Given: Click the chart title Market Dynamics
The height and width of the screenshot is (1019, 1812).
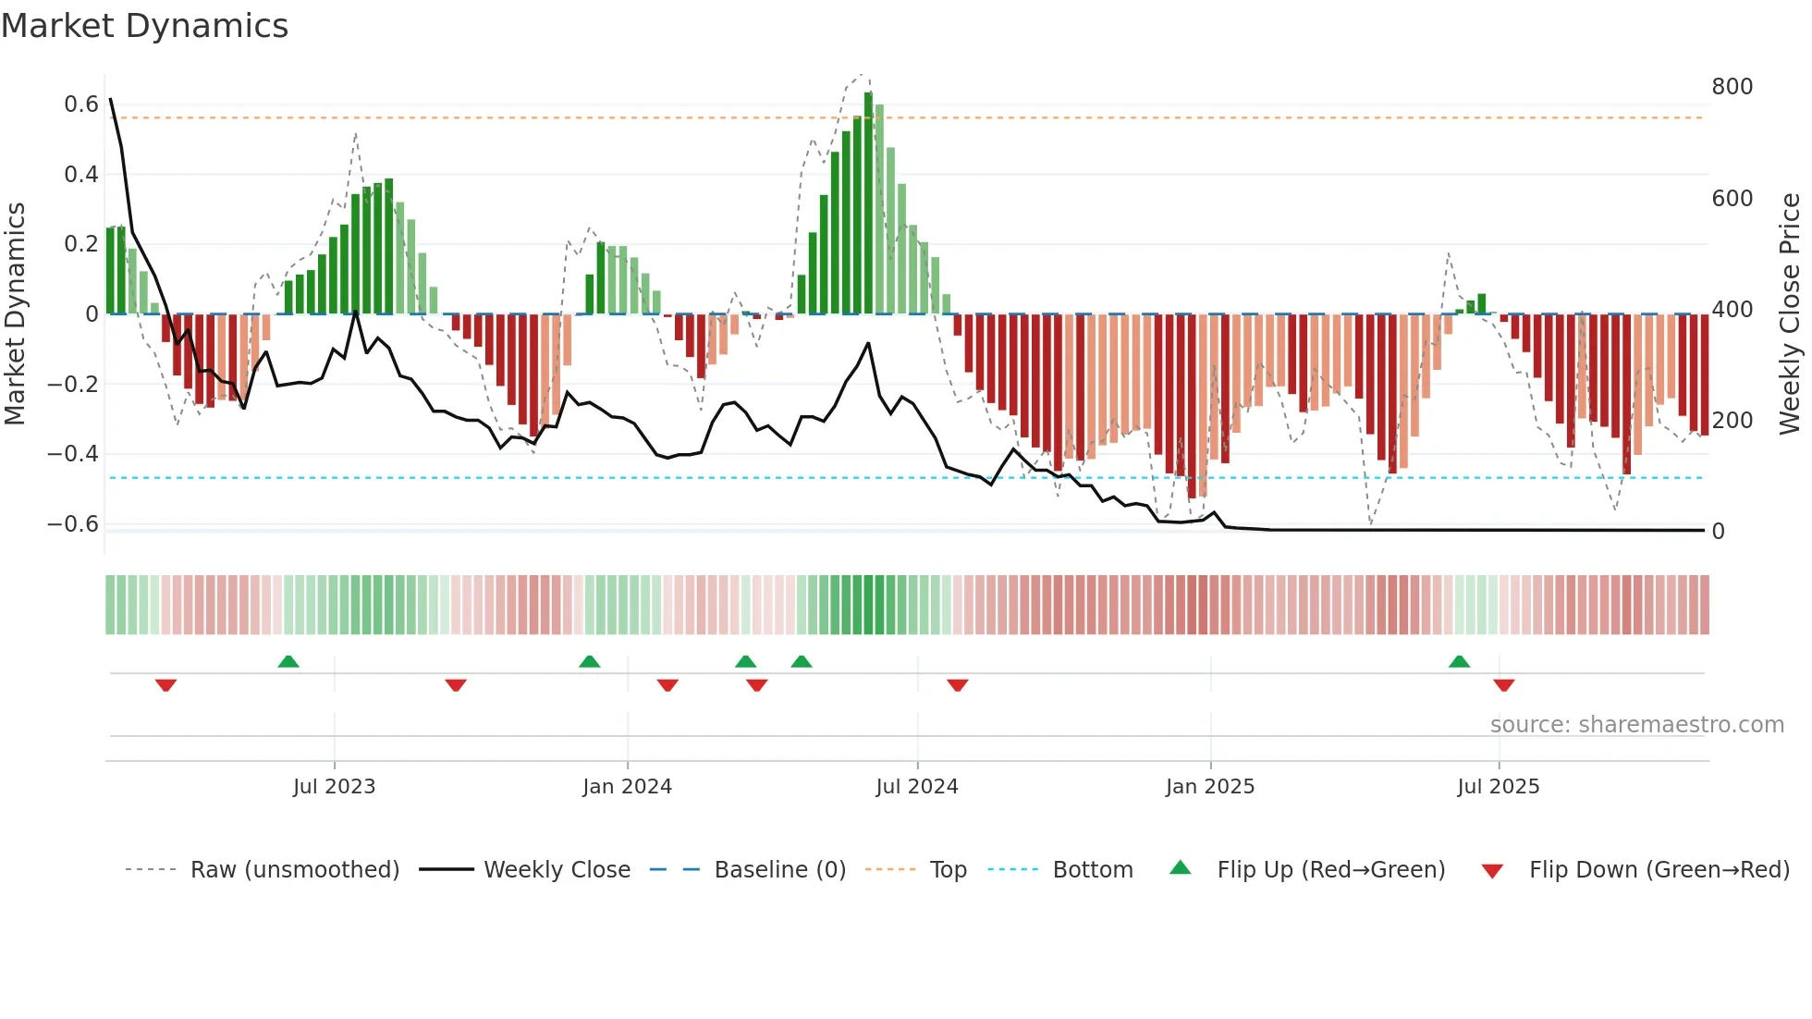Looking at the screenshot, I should point(144,26).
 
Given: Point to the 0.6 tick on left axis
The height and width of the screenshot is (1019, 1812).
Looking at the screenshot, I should point(81,104).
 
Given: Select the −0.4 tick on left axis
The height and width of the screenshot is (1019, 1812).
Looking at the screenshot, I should point(73,454).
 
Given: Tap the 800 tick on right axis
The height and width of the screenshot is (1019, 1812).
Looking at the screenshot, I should point(1732,87).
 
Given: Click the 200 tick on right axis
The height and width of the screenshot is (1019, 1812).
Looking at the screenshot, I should point(1732,421).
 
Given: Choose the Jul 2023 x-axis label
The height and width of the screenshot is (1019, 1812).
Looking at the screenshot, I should point(334,787).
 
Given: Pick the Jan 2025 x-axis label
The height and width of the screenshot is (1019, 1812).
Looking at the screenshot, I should point(1209,787).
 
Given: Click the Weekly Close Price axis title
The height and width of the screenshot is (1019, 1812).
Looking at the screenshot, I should point(1790,314).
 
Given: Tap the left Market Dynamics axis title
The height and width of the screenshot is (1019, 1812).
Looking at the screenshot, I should point(15,314).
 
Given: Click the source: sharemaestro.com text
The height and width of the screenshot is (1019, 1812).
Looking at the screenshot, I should point(1636,725).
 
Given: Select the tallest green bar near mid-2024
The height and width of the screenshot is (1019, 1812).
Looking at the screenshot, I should point(868,203).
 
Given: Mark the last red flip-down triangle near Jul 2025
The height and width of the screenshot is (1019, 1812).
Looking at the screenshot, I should point(1503,685).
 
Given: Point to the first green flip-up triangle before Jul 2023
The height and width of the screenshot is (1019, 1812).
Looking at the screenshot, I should point(288,661).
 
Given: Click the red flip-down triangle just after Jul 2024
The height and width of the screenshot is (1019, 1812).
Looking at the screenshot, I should point(957,685).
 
